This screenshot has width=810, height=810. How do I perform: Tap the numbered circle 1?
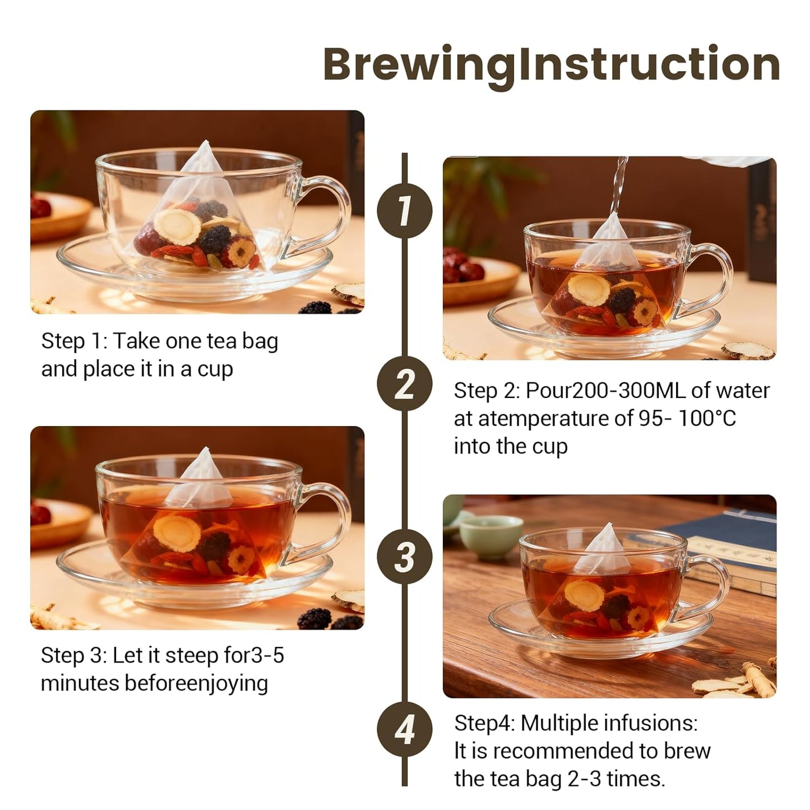[404, 211]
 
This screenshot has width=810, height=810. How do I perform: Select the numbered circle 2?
[404, 384]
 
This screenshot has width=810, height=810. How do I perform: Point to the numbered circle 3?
[404, 557]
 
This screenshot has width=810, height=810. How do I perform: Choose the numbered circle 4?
[404, 730]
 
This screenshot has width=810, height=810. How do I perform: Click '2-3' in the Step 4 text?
[584, 779]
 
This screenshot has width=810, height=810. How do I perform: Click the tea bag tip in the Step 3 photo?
[205, 448]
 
